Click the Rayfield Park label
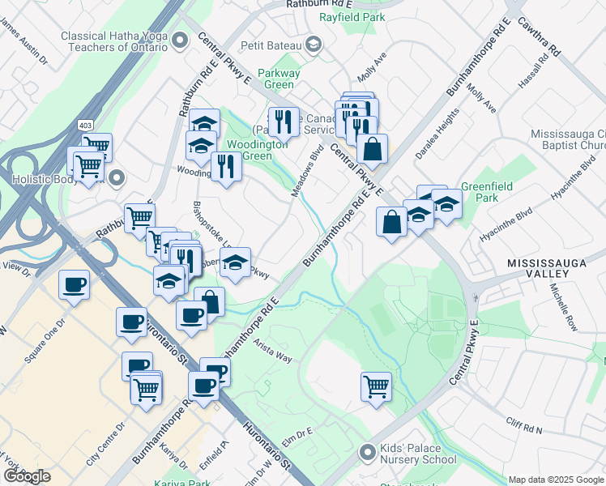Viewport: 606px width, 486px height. tap(352, 16)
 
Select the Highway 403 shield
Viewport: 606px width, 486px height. tap(85, 126)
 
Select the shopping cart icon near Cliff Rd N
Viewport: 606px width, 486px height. tap(377, 386)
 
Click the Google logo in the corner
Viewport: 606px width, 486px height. tap(26, 476)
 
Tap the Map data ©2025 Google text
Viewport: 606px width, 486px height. tap(556, 480)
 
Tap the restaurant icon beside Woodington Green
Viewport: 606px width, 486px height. tap(224, 166)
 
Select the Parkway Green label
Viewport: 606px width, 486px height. tap(280, 79)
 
